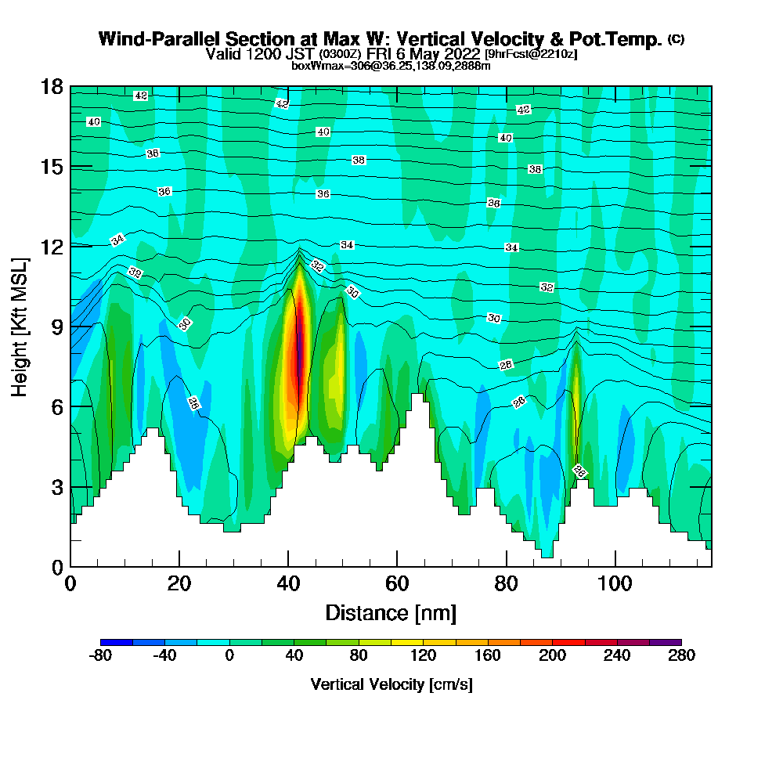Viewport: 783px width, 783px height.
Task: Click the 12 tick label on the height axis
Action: [x=51, y=246]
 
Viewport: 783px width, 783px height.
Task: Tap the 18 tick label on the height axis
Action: [x=51, y=86]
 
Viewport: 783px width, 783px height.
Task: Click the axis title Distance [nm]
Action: [x=391, y=612]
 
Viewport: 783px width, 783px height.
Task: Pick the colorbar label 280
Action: [x=681, y=656]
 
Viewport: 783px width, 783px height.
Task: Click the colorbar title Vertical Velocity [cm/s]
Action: [x=391, y=684]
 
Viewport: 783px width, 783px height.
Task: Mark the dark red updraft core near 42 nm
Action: [x=298, y=352]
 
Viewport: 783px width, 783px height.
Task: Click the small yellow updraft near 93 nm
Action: [x=576, y=391]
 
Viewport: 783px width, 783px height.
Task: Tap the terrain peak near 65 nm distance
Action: [x=420, y=396]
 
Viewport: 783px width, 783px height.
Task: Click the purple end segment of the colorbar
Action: [x=665, y=642]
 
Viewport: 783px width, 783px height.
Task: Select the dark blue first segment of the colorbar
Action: [x=117, y=642]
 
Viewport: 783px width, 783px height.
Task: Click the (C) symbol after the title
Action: [x=677, y=39]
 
